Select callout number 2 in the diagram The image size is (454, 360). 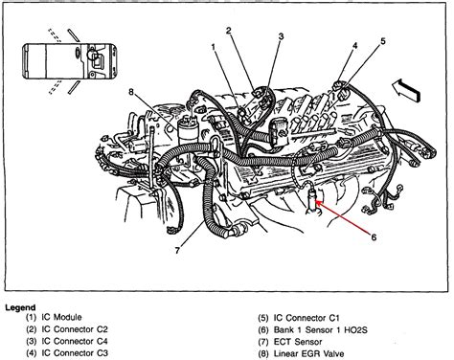tap(231, 31)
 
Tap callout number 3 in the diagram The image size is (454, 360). tap(281, 36)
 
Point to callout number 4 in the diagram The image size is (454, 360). tap(354, 47)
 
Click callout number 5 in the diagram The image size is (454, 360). tap(383, 40)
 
